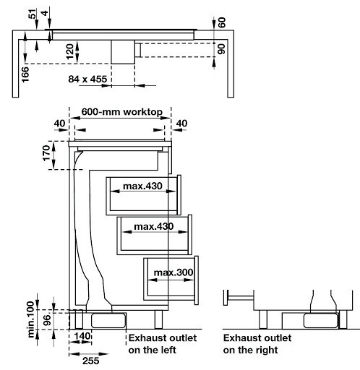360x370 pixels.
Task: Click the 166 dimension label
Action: pos(25,74)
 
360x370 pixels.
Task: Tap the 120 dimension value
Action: pos(70,51)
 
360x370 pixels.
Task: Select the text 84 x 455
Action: pos(87,79)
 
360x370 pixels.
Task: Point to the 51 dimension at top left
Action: pos(33,14)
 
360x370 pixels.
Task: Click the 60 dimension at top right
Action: pos(222,22)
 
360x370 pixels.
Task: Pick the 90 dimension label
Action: pos(221,49)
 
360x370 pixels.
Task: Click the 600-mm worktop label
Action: pos(122,112)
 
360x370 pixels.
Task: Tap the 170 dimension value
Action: pos(46,153)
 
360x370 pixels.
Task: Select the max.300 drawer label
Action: pos(173,272)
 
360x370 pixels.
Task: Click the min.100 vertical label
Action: pos(30,319)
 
